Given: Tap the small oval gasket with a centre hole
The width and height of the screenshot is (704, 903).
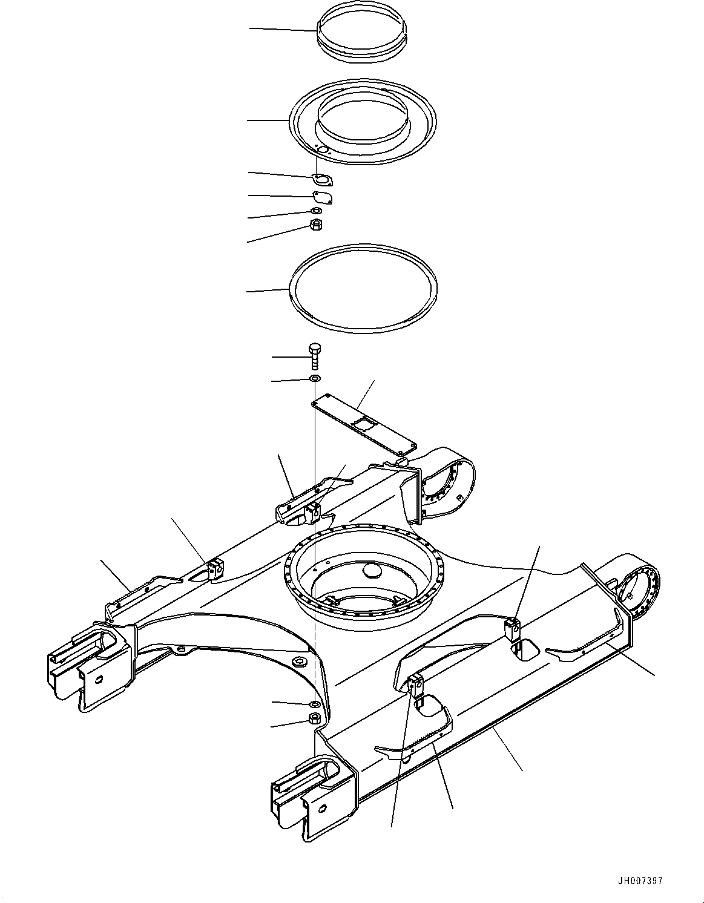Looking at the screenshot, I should [323, 179].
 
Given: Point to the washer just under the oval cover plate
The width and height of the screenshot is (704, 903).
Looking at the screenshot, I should [315, 211].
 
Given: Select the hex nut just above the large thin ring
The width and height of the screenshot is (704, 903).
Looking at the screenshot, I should [315, 225].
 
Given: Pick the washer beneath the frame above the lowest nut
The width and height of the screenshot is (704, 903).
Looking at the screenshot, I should [314, 704].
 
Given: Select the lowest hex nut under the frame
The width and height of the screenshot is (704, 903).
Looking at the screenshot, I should [314, 719].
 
